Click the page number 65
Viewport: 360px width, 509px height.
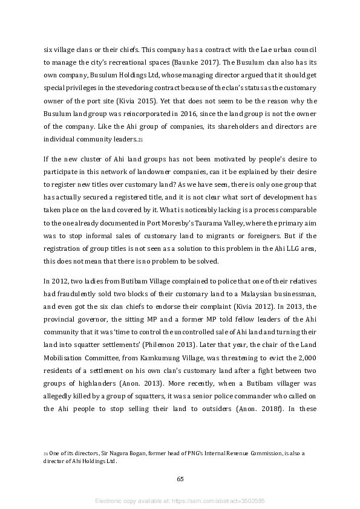tap(180, 479)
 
